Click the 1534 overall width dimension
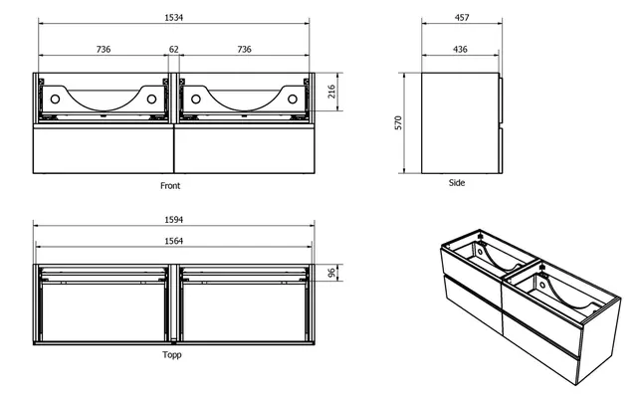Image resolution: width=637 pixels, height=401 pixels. click(174, 17)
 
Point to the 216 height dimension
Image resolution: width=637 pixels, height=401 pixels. click(331, 96)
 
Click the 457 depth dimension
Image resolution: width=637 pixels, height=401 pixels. click(462, 17)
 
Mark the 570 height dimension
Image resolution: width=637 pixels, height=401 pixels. click(397, 123)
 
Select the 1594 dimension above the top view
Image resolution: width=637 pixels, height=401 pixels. click(174, 219)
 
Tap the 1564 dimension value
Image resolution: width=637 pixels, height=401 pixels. click(174, 241)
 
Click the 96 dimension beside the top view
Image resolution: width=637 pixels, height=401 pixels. click(331, 273)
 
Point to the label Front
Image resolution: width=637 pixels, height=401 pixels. click(170, 185)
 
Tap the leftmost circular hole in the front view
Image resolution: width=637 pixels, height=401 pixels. click(56, 99)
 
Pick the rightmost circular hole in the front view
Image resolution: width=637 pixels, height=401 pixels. click(292, 99)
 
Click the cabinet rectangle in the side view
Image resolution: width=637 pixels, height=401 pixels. click(459, 122)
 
